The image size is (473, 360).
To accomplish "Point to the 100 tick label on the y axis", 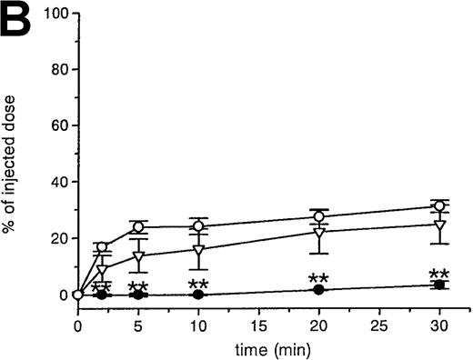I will point(52,15).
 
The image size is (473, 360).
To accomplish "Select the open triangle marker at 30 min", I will point(439,225).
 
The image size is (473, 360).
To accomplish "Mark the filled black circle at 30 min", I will point(439,285).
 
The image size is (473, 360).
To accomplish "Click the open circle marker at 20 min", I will point(318,216).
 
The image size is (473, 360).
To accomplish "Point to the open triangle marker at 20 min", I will point(318,233).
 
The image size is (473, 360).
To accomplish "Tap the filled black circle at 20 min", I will point(318,289).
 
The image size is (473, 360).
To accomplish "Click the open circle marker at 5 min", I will point(138,226).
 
